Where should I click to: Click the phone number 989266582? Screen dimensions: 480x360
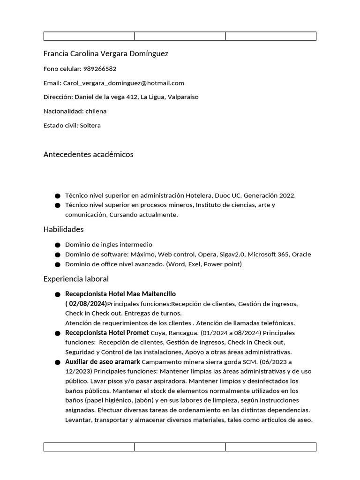click(100, 68)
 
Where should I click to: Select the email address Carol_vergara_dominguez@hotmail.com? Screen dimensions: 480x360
click(123, 83)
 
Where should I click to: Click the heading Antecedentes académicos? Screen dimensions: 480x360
click(88, 154)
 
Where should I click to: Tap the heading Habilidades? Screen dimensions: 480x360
click(63, 229)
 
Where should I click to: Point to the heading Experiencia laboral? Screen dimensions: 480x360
click(76, 279)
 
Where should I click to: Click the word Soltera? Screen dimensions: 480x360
click(90, 126)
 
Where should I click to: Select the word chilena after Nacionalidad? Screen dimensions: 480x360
click(96, 111)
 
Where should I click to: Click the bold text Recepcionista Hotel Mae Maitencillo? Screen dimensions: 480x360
click(120, 294)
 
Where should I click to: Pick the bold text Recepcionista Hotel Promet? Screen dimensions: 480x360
click(107, 333)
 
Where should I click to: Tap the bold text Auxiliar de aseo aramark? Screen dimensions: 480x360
click(102, 362)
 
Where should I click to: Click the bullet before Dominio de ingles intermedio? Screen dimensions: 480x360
click(57, 245)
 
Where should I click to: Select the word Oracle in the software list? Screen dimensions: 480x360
click(301, 255)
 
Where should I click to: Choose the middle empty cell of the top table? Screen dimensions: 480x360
click(180, 36)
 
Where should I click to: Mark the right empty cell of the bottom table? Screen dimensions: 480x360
click(270, 447)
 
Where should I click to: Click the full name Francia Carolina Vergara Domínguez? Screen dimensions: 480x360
click(105, 53)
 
